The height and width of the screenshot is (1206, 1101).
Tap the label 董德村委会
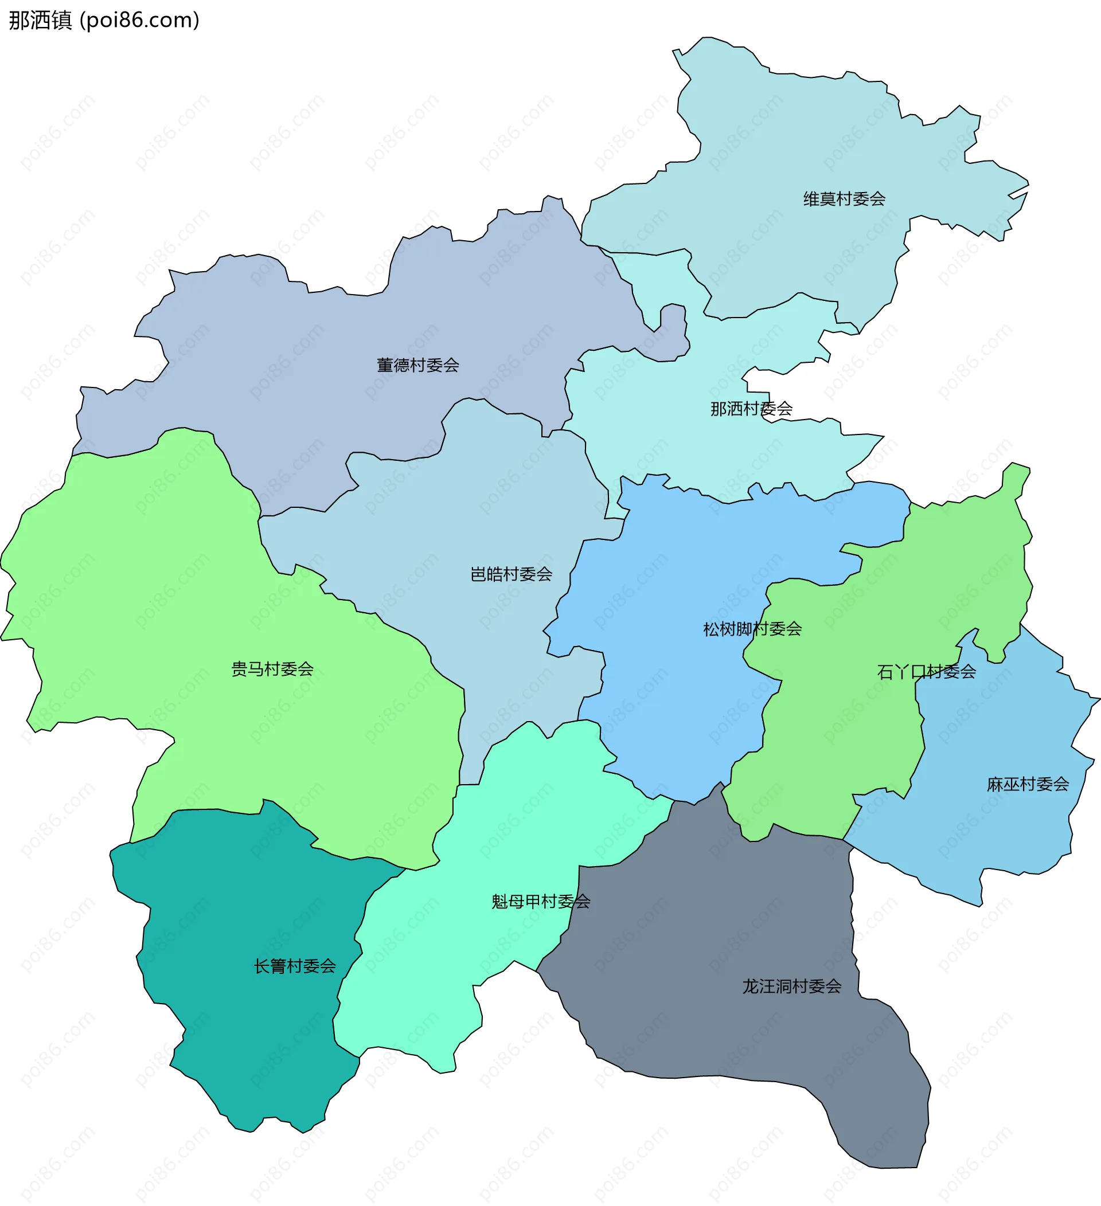(417, 365)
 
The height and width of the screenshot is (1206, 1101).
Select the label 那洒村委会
(751, 409)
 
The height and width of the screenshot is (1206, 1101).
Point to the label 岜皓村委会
(511, 574)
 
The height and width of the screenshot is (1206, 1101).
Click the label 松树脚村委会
(752, 629)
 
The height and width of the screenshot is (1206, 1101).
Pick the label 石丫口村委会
(926, 672)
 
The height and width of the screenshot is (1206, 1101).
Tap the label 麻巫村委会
(1028, 784)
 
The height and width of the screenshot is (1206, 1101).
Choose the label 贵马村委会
(272, 669)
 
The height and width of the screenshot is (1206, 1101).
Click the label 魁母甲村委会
(541, 902)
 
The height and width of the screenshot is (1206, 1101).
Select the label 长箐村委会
(294, 966)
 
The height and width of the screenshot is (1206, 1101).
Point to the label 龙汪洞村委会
(792, 986)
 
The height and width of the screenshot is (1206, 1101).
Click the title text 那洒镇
(40, 20)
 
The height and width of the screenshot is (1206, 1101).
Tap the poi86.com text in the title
(139, 20)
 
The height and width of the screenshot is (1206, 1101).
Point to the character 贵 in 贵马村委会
(239, 669)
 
